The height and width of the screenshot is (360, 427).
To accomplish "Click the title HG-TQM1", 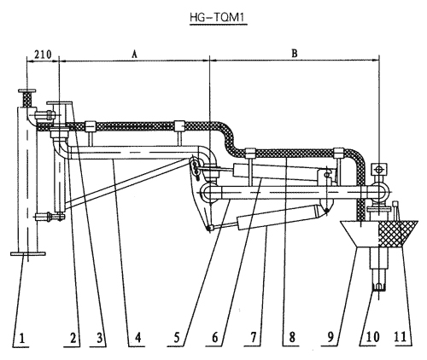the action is click(219, 18).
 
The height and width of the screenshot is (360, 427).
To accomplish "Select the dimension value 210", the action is click(43, 54).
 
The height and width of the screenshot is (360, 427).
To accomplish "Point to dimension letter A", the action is click(134, 54).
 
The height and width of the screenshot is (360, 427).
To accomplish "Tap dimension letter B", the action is click(295, 53).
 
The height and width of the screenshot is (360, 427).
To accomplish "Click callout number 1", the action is click(22, 339).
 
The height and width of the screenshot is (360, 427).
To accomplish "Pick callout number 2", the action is click(73, 339).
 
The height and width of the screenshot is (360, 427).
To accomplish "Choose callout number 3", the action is click(99, 339).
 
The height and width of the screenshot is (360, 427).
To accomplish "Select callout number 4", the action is click(137, 338).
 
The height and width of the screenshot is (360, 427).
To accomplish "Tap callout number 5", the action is click(177, 338).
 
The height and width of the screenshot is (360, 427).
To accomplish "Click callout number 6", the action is click(215, 338).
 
